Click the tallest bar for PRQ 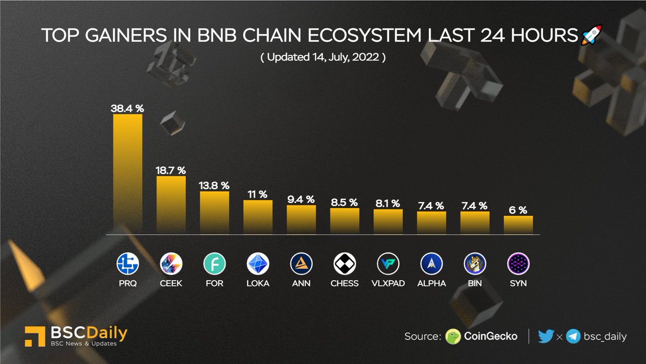[128, 174]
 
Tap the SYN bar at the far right [518, 225]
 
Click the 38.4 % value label [128, 108]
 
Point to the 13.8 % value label [215, 185]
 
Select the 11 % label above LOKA [258, 194]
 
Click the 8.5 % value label [345, 202]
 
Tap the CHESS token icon [345, 264]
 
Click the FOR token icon [215, 264]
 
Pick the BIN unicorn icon [475, 264]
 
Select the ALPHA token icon [432, 264]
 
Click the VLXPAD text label [388, 283]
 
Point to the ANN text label [301, 283]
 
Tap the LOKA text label [258, 283]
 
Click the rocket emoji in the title [591, 36]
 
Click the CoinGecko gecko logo [453, 337]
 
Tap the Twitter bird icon [545, 337]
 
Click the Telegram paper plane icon [573, 337]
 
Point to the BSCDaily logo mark [34, 336]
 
